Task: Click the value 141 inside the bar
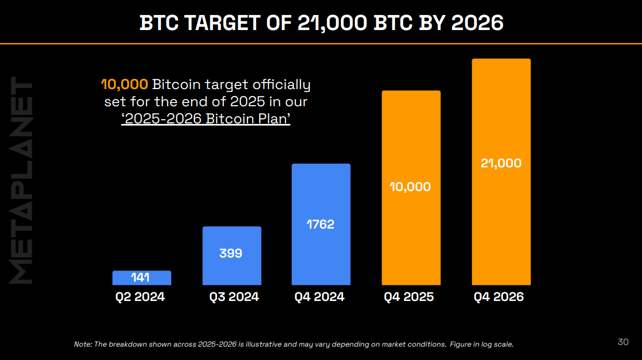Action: pyautogui.click(x=141, y=278)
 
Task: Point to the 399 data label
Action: pyautogui.click(x=231, y=253)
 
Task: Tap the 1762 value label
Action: pyautogui.click(x=320, y=224)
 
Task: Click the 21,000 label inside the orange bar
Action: pyautogui.click(x=501, y=163)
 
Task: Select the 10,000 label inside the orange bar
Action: pyautogui.click(x=411, y=187)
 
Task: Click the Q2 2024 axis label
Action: pyautogui.click(x=140, y=297)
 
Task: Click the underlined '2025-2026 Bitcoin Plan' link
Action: pyautogui.click(x=206, y=119)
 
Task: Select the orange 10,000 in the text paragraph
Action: pyautogui.click(x=125, y=84)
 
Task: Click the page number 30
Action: pyautogui.click(x=623, y=342)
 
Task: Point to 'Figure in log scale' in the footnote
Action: pyautogui.click(x=481, y=344)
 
